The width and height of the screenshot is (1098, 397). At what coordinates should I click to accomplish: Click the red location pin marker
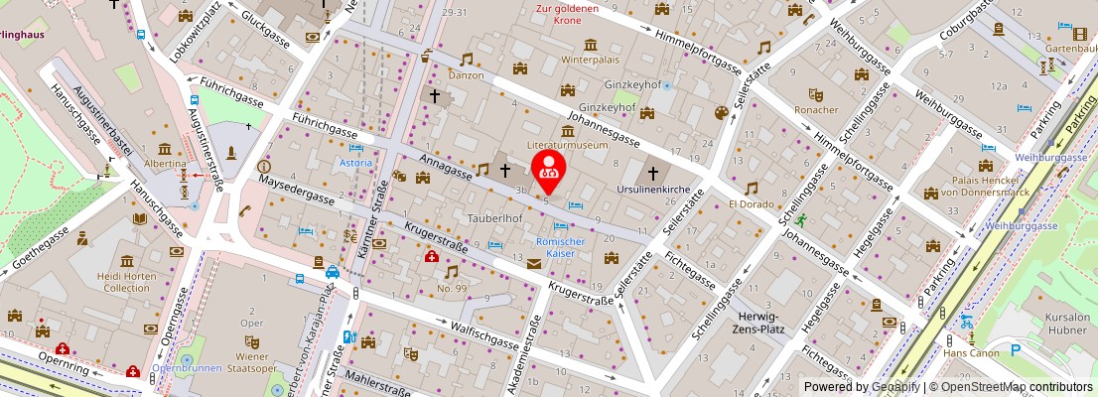(x=549, y=170)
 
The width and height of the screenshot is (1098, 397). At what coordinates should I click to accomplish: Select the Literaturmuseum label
(x=567, y=145)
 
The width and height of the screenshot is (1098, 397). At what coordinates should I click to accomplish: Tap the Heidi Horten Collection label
(x=126, y=281)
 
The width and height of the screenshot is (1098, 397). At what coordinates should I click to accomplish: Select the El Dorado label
(x=751, y=203)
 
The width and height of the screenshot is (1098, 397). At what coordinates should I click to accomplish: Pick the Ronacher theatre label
(x=816, y=109)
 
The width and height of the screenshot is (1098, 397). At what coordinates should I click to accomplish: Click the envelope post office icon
(x=535, y=263)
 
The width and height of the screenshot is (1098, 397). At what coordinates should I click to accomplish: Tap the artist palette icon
(x=721, y=113)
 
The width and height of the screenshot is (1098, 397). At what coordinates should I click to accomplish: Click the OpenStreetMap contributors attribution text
(x=1011, y=387)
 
